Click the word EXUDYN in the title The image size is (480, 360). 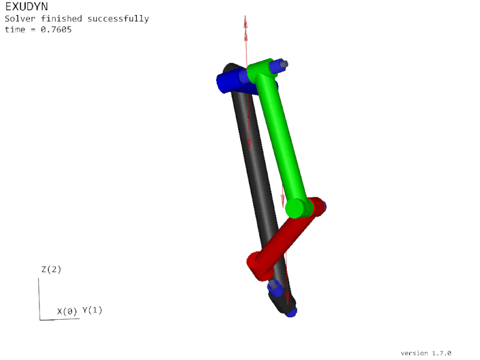coord(26,7)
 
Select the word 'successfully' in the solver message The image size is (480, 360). coord(118,19)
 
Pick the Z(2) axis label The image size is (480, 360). coord(51,269)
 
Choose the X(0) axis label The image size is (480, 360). coord(67,311)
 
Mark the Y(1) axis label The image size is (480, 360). coord(92,310)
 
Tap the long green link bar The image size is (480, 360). coord(282,138)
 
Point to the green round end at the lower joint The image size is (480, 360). coord(295,209)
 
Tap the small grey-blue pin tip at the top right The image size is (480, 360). coord(284,64)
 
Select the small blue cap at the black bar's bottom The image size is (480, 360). coord(292,312)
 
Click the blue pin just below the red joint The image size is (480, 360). coord(275,289)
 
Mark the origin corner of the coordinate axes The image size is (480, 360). coord(41,319)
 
